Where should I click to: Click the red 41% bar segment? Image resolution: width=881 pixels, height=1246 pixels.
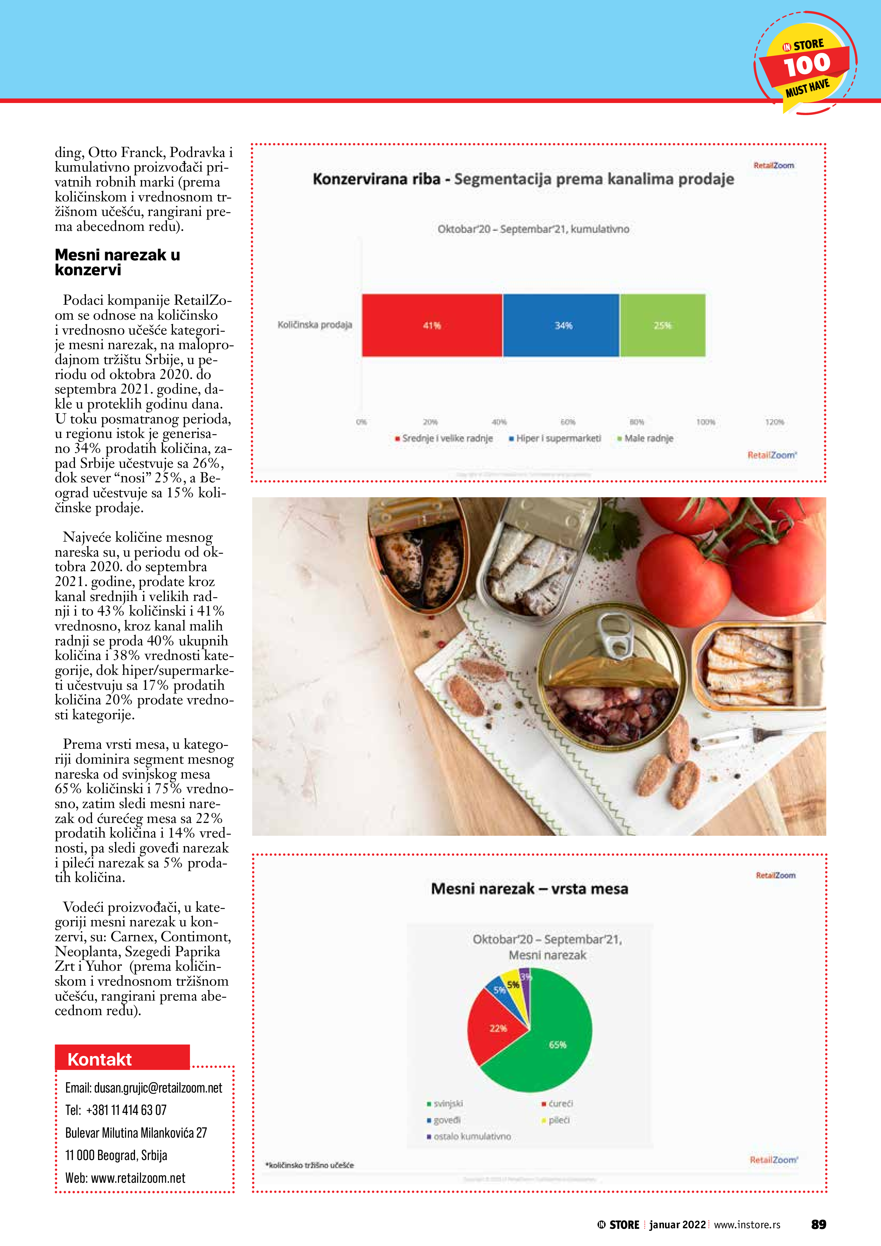point(432,325)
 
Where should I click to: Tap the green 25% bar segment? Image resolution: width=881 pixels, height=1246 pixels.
point(662,325)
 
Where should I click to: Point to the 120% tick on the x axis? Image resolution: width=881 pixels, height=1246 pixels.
point(774,422)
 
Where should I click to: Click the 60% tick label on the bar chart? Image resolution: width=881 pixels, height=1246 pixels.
point(568,422)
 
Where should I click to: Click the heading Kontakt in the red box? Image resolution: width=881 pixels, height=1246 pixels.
point(100,1059)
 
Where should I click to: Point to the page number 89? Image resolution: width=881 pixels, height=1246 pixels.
point(818,1224)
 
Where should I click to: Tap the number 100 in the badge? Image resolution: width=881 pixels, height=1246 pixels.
point(807,65)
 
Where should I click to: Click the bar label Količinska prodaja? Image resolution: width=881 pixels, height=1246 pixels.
point(315,325)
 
